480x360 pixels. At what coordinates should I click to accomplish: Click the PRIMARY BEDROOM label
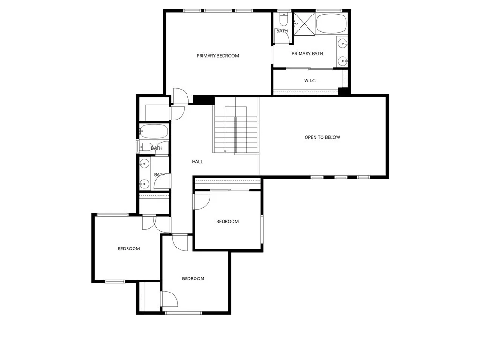coord(217,56)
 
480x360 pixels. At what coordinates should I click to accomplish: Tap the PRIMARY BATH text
coord(307,54)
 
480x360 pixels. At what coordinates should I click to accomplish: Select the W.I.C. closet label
coord(310,81)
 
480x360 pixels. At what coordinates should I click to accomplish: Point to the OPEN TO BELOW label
coord(322,137)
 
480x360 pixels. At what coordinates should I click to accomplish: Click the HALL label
coord(197,162)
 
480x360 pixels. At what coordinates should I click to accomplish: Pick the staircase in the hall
coord(236,129)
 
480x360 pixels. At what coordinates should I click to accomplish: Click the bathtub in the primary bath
coord(331,23)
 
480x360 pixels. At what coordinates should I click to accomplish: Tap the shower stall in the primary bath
coord(304,23)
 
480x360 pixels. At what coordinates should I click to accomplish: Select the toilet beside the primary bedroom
coord(283,20)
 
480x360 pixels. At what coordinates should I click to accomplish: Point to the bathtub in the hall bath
coord(153,131)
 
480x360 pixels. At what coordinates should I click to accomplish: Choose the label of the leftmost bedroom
coord(128,249)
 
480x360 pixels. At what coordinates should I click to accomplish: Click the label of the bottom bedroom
coord(193,279)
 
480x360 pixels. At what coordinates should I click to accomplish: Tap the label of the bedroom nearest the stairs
coord(227,222)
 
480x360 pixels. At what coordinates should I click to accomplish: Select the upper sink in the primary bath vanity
coord(343,44)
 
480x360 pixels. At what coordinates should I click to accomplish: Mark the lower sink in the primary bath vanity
coord(343,60)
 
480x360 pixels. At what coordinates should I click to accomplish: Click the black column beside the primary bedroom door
coord(203,100)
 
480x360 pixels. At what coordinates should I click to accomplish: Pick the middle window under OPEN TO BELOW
coord(340,177)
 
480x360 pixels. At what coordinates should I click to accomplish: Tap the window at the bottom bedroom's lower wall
coord(183,313)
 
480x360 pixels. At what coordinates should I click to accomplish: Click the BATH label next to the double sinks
coord(160,175)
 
